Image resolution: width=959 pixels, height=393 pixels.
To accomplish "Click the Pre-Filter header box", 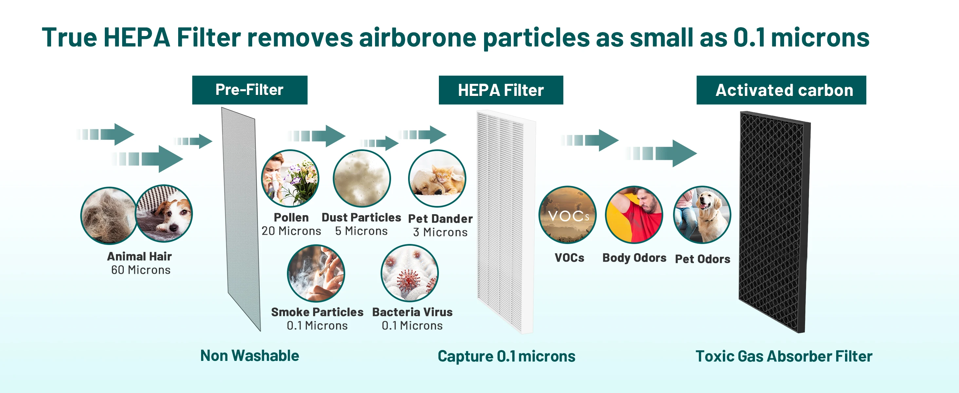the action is point(250,90).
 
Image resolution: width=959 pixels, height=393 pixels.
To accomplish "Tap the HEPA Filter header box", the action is point(501,90).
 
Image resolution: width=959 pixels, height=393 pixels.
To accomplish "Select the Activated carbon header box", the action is point(781,90).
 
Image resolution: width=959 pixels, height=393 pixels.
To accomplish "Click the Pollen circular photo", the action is point(290,178).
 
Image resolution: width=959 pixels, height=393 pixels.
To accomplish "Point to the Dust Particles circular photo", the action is point(362,178).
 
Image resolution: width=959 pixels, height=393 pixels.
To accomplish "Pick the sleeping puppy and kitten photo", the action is point(437,178).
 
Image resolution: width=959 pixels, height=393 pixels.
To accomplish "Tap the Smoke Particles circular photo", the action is point(316,273).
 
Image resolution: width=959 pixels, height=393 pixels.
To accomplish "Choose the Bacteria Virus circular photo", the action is point(409,273).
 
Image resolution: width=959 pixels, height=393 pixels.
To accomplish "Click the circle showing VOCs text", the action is point(567,215).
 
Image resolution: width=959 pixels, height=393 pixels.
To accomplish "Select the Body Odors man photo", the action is point(634,215).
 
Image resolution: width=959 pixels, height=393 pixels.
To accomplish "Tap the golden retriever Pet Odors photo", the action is point(702,215).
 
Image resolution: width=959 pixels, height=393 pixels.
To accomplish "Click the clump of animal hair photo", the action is point(109,215).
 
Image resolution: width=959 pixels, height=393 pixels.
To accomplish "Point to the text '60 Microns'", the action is point(141,270).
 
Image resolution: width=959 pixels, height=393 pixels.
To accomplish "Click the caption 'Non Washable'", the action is point(250,356).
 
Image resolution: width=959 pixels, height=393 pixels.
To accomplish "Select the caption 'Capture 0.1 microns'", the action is point(506,356).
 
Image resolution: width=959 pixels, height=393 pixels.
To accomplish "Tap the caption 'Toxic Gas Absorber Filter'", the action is point(784,356).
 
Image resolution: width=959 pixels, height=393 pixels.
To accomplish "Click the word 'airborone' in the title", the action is point(418,38).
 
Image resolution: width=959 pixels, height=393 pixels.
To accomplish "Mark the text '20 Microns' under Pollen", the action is point(291,231).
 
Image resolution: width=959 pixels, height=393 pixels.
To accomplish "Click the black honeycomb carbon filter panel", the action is point(774,222).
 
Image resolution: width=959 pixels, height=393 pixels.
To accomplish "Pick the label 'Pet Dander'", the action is point(441,218).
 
